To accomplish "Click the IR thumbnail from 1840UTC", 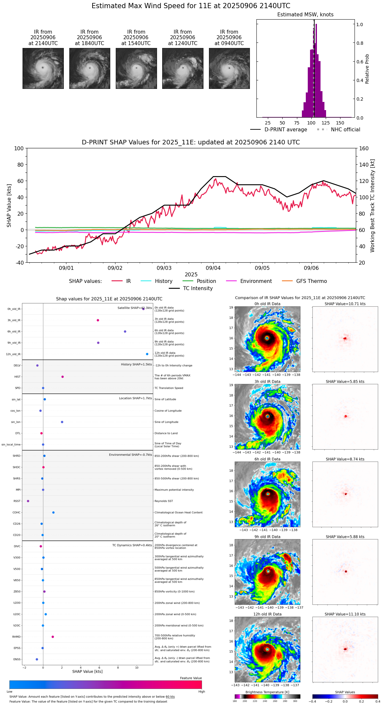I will tap(90, 68).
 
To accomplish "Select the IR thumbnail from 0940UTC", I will tap(229, 68).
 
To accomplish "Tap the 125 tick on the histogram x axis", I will tap(325, 123).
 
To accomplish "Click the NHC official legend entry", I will tap(345, 130).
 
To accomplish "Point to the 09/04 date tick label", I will tap(213, 268).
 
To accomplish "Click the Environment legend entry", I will tap(256, 281).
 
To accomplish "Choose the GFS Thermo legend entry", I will tap(311, 281).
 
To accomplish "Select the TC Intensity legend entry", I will tap(198, 288).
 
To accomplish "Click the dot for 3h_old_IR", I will tap(98, 320).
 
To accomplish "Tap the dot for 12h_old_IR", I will tap(147, 354).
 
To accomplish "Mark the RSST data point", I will tap(28, 501).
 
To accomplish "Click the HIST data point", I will tap(62, 377).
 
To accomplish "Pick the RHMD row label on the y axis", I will tap(16, 637).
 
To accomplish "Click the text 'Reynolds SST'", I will tap(164, 501).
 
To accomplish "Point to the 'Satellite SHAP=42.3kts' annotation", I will tap(135, 308).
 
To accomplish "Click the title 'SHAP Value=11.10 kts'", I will tap(345, 614).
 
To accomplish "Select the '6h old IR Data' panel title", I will tap(267, 459).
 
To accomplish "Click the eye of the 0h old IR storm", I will tap(267, 338).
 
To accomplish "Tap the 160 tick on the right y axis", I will tap(364, 149).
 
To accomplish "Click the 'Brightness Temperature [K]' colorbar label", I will tap(267, 692).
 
